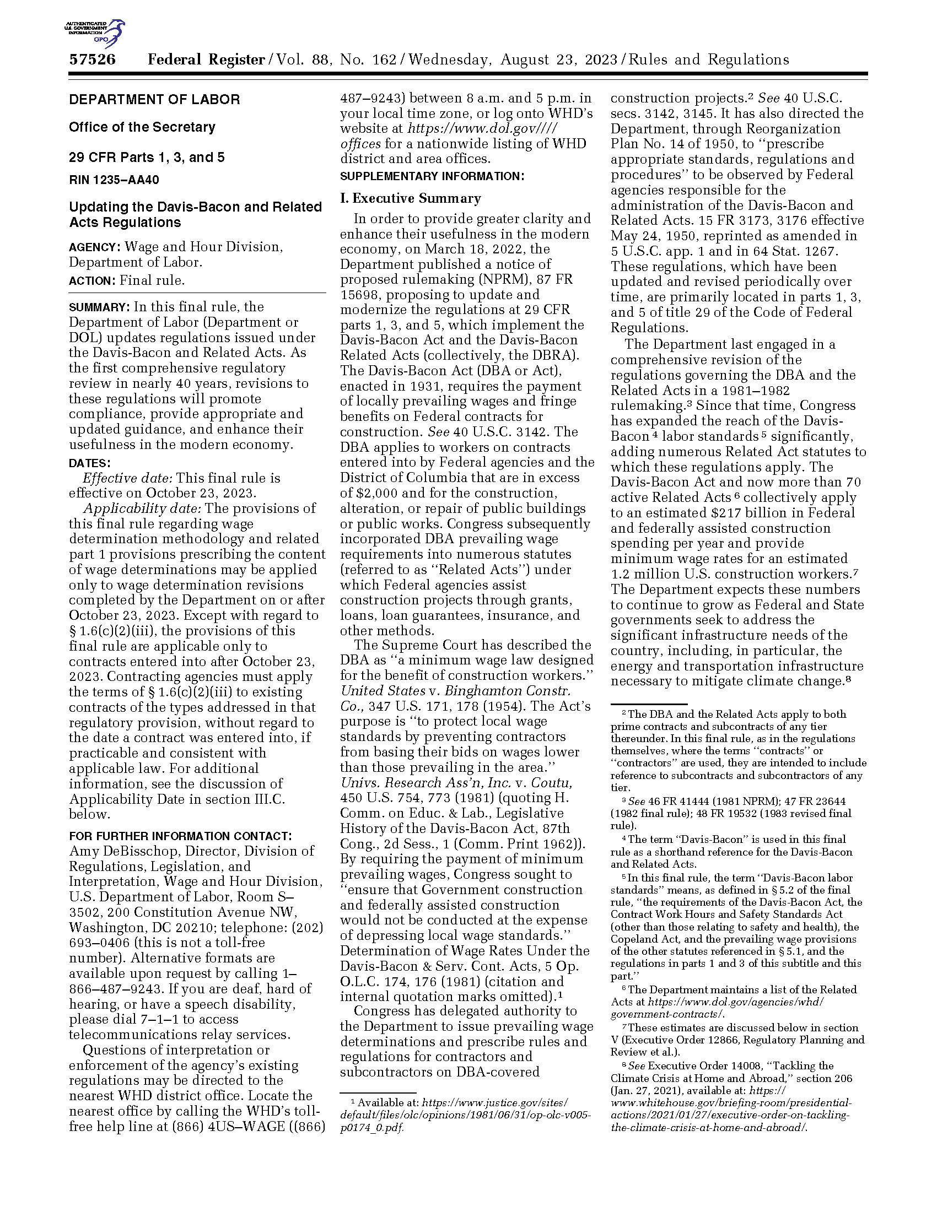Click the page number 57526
coord(92,60)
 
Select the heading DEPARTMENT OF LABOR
coord(154,100)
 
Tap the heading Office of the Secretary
coord(142,127)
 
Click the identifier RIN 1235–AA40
coord(114,180)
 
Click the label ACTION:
coord(91,281)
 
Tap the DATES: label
coord(89,463)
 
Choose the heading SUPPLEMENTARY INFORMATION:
coord(432,176)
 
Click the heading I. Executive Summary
coord(410,199)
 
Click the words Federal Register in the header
coord(206,60)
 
